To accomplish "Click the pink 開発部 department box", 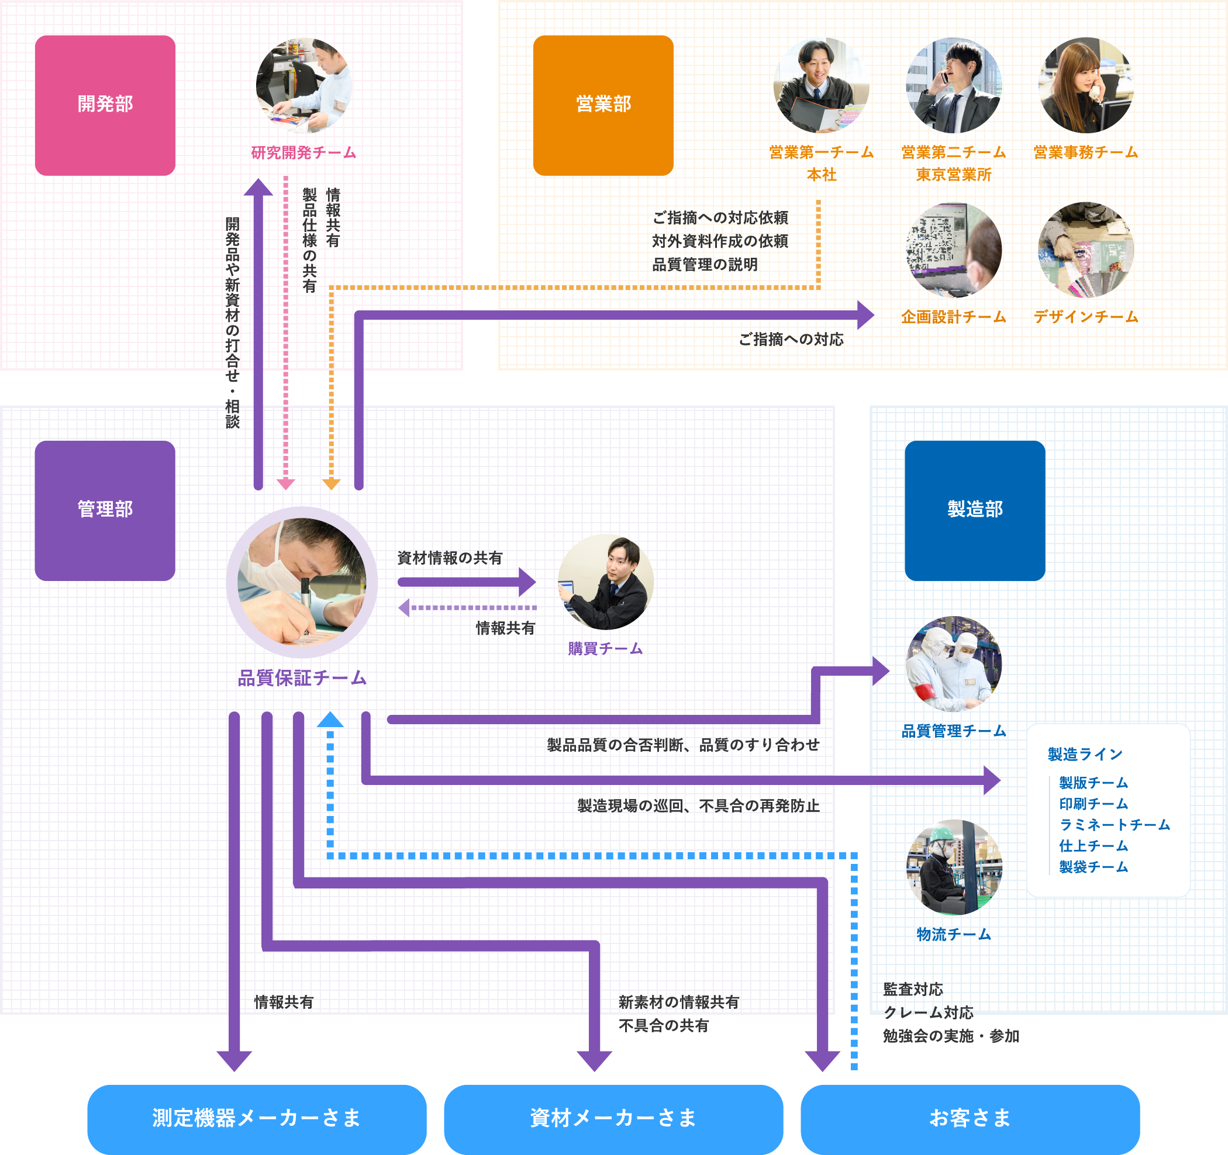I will pos(105,105).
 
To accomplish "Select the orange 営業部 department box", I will pos(603,105).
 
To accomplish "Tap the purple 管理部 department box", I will pos(105,510).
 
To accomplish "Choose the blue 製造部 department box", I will pos(975,510).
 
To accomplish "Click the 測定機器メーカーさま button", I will pos(256,1118).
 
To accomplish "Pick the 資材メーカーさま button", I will pos(613,1118).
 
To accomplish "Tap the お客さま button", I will pos(970,1118).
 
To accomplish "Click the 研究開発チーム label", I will pos(303,153).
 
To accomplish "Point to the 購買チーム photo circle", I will pos(605,582).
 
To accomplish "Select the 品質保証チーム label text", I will pos(302,678).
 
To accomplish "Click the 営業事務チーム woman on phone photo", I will pos(1086,85).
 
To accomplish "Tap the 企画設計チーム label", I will pos(953,317).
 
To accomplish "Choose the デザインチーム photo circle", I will pos(1086,250).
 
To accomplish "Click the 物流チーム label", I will pos(953,935).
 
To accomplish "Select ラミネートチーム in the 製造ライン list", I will pos(1115,825).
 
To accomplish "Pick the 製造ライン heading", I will pos(1085,755).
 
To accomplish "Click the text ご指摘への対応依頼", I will pos(720,218).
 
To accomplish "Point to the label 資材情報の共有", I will pos(450,558).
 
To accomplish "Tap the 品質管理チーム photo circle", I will pos(953,664).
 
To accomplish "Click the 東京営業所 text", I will pos(953,175).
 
